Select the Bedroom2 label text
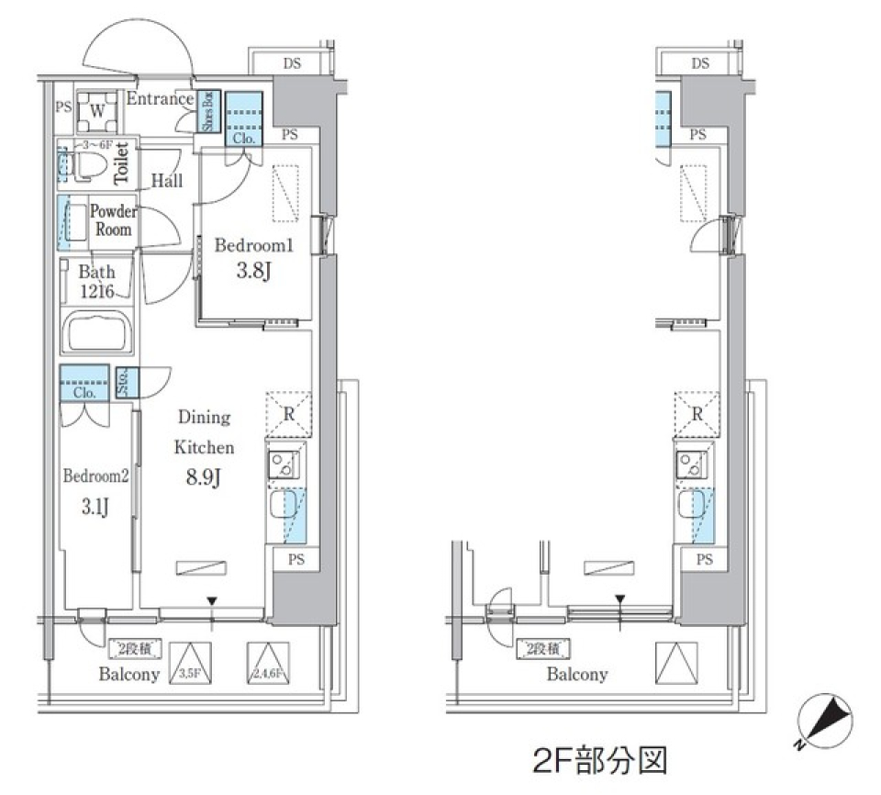(94, 476)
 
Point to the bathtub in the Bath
(96, 334)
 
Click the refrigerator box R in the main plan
(288, 412)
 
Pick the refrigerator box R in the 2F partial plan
(697, 412)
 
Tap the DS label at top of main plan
(292, 63)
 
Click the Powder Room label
(113, 220)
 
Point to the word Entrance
(160, 99)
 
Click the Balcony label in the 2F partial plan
(577, 675)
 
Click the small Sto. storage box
(128, 382)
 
